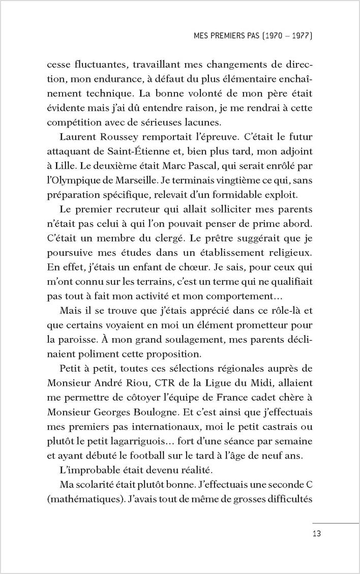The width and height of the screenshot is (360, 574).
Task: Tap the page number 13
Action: (317, 533)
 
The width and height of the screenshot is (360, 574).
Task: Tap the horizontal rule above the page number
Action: (336, 523)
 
